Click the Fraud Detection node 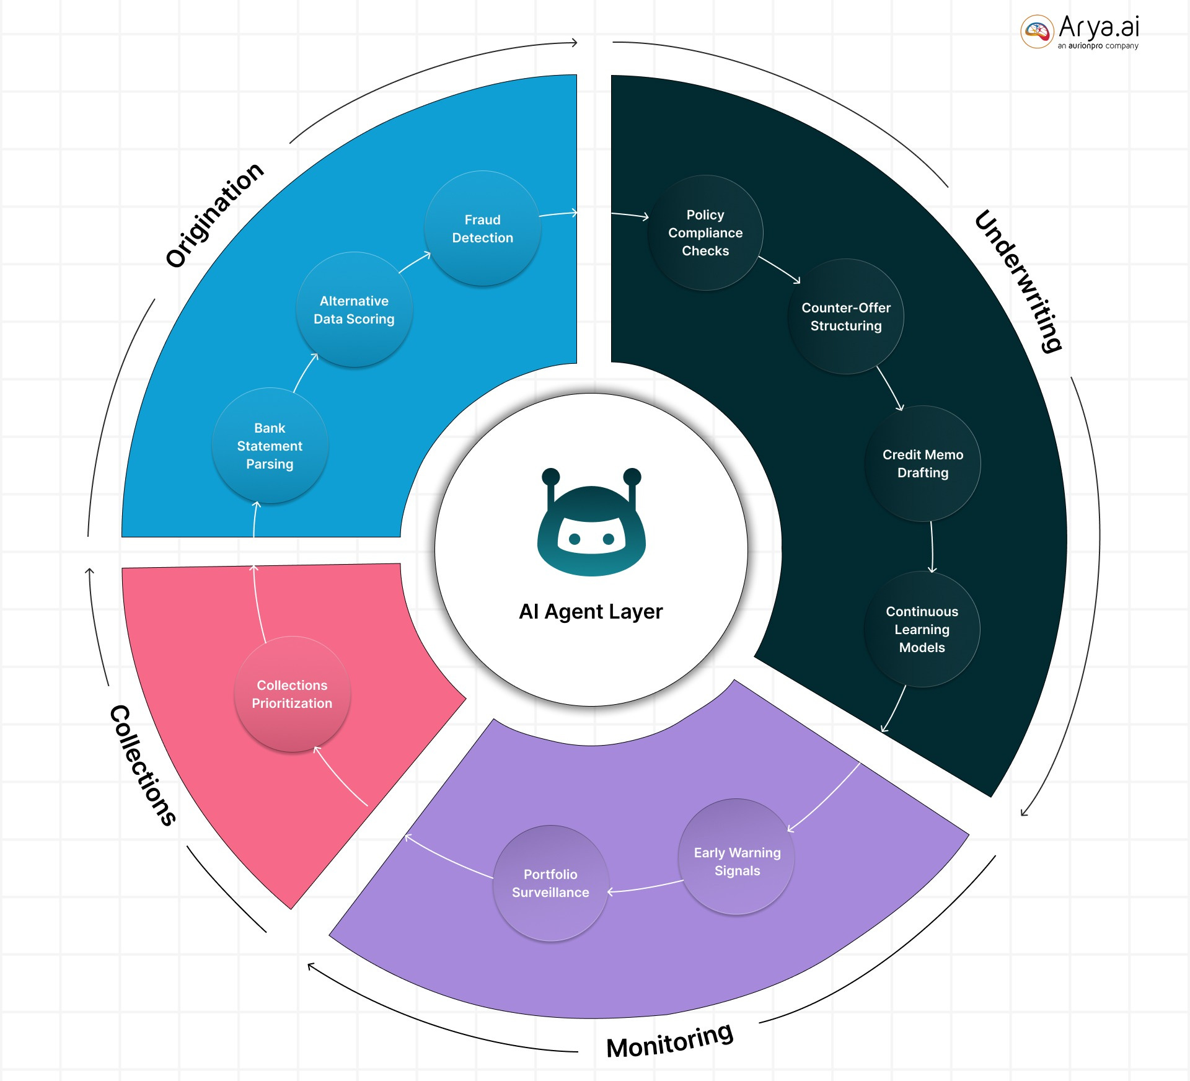point(482,229)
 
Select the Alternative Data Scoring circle point(354,310)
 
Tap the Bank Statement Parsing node point(270,446)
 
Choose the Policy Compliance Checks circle point(705,233)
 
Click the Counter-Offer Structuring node point(845,317)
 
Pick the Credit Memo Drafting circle point(922,464)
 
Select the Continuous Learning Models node point(922,629)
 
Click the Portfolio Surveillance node point(550,883)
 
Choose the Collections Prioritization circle point(292,694)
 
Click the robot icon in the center point(591,524)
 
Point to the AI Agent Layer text point(591,612)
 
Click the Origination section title point(214,214)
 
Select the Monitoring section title point(670,1041)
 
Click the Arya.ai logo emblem point(1037,31)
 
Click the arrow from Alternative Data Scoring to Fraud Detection point(414,263)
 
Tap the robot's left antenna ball point(550,477)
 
